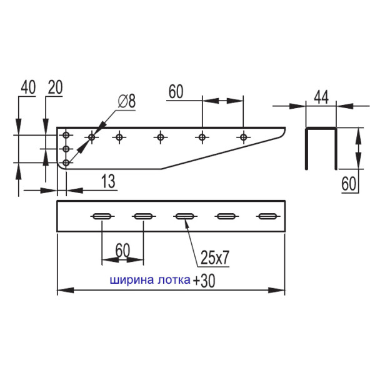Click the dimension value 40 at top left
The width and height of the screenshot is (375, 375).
coord(27,87)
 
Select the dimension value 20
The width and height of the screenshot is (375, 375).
coord(54,87)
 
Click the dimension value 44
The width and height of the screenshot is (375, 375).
coord(321,96)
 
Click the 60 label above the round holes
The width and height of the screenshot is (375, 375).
coord(175,92)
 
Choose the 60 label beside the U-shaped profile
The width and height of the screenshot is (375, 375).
coord(350,183)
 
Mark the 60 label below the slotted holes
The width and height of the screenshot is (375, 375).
coord(122,251)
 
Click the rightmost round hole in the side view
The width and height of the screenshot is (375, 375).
coord(243,136)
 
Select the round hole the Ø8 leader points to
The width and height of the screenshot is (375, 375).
coord(92,136)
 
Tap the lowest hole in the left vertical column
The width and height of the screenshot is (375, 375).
coord(65,162)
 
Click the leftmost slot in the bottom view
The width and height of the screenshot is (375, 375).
coord(102,217)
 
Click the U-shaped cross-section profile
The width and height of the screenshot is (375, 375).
coord(321,147)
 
